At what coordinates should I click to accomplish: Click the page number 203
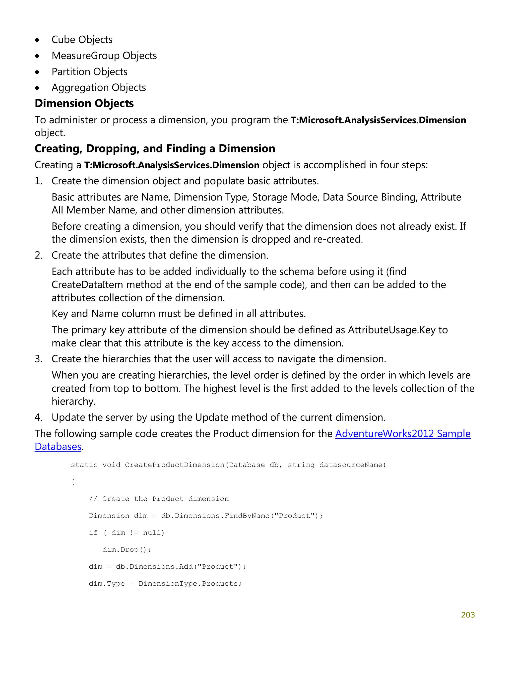(x=468, y=614)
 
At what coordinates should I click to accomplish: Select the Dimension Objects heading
(x=84, y=103)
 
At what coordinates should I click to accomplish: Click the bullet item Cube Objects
(x=82, y=40)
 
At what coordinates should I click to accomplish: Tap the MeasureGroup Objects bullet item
(x=104, y=56)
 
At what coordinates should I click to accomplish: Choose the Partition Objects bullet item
(x=89, y=71)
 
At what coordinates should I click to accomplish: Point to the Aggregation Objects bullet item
(x=99, y=87)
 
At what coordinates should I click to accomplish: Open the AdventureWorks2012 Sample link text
(x=403, y=433)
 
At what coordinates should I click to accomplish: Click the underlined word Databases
(x=58, y=447)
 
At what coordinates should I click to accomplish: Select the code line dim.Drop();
(x=127, y=549)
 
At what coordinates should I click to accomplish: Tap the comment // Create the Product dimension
(x=159, y=499)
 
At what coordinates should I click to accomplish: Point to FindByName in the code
(x=247, y=516)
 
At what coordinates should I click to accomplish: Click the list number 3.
(x=38, y=359)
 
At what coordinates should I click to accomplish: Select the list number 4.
(x=38, y=417)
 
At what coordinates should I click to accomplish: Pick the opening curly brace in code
(x=73, y=482)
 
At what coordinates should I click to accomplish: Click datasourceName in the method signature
(x=352, y=465)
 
